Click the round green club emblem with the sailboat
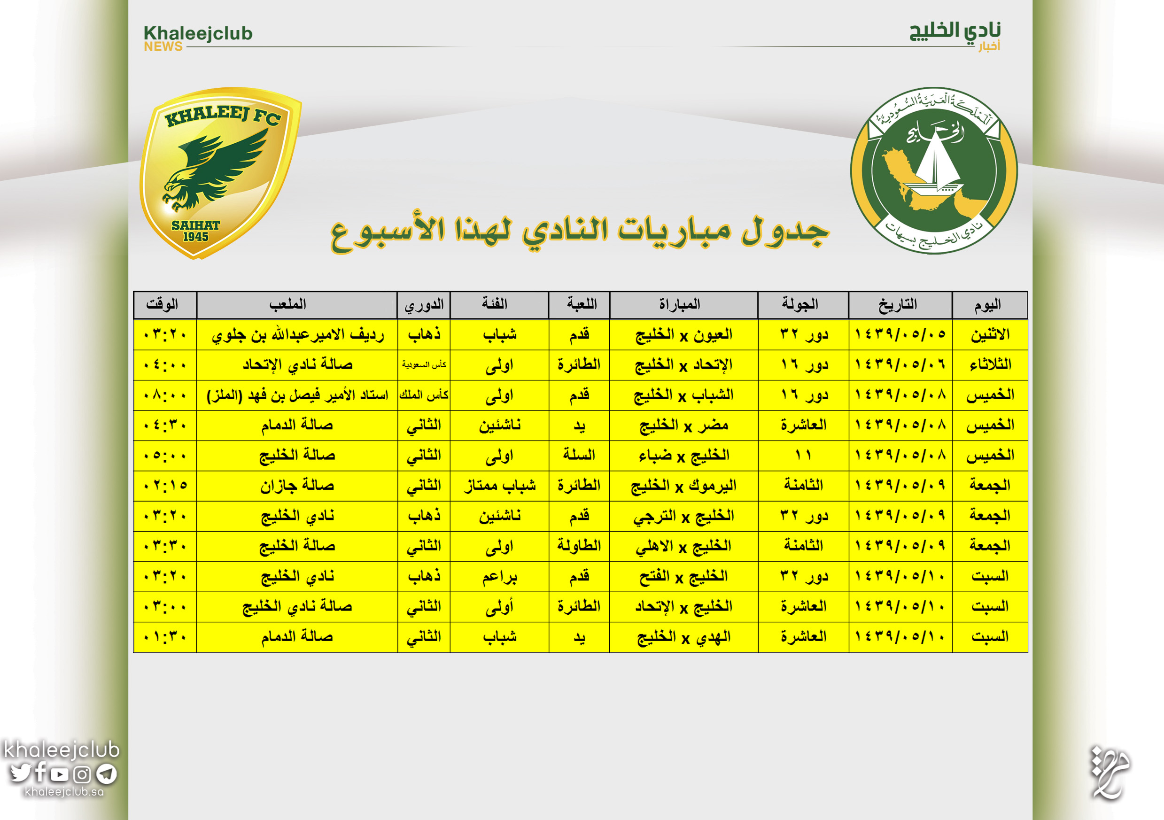[933, 171]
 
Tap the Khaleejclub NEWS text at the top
[198, 38]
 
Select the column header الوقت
[162, 305]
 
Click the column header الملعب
[287, 305]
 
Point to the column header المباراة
[679, 305]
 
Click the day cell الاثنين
[990, 334]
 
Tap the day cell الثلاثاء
[990, 364]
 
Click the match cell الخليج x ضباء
[683, 455]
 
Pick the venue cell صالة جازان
[297, 486]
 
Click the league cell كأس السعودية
[424, 364]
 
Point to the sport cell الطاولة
[579, 546]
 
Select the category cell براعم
[499, 576]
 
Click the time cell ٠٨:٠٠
[165, 395]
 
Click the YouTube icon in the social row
[59, 774]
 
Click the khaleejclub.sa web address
[64, 792]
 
